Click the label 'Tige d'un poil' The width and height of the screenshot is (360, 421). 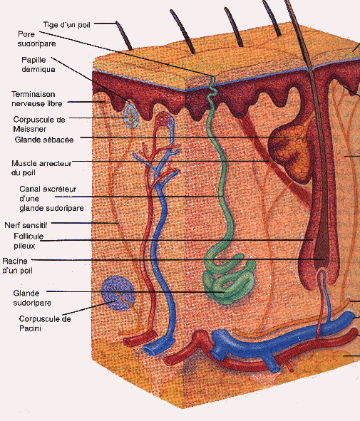click(66, 25)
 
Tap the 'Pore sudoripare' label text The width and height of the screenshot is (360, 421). click(36, 39)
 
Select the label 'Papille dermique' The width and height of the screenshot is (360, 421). click(38, 64)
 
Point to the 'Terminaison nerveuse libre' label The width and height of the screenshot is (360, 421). click(37, 99)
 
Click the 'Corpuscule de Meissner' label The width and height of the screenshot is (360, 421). click(39, 124)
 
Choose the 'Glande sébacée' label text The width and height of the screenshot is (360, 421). click(44, 140)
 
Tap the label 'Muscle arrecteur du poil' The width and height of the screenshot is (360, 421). click(41, 168)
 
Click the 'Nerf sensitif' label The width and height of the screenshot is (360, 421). click(26, 225)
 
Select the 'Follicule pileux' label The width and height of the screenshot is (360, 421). click(29, 241)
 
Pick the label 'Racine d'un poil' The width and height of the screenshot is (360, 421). click(17, 266)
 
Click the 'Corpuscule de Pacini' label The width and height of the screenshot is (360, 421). click(45, 323)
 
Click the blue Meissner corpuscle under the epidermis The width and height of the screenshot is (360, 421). click(131, 116)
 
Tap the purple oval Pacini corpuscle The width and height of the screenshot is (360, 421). click(118, 293)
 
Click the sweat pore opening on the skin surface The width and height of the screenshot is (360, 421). click(214, 78)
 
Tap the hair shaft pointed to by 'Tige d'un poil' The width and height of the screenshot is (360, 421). click(123, 36)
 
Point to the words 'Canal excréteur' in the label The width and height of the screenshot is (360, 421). click(48, 189)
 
